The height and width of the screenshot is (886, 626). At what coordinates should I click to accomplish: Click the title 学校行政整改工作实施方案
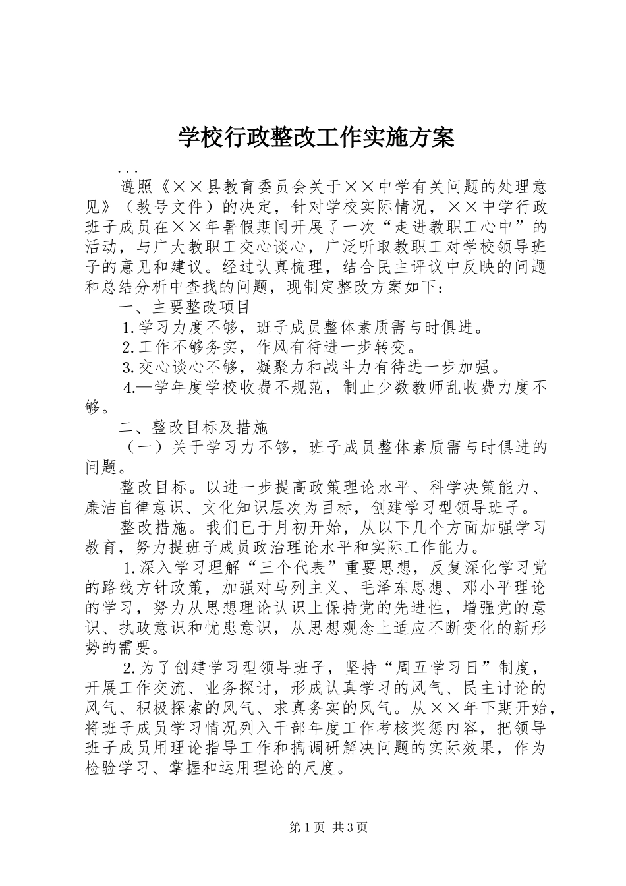tap(316, 138)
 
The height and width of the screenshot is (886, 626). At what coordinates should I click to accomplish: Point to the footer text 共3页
tap(349, 827)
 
